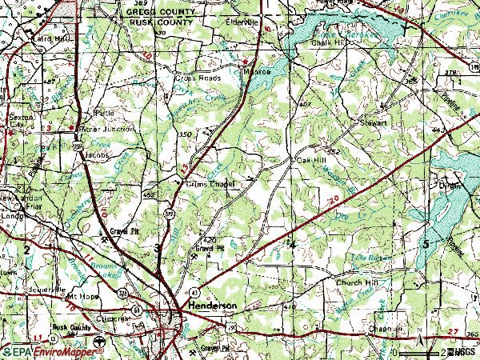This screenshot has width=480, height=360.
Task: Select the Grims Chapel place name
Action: coord(210,184)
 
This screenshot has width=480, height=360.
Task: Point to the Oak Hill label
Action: coord(313,160)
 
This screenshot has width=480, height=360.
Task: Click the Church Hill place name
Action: coord(357,282)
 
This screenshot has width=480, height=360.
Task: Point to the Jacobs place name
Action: coord(96,155)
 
